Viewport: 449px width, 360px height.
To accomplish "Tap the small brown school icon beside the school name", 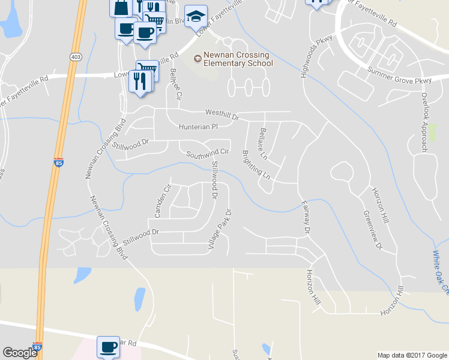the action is pyautogui.click(x=197, y=58).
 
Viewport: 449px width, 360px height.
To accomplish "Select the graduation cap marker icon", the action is pyautogui.click(x=196, y=17).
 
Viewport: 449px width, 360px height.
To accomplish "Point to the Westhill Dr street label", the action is pyautogui.click(x=222, y=112).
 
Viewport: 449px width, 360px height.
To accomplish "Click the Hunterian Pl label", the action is pyautogui.click(x=197, y=127).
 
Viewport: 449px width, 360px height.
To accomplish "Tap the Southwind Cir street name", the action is pyautogui.click(x=208, y=153).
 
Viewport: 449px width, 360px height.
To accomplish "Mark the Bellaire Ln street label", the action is pyautogui.click(x=264, y=143).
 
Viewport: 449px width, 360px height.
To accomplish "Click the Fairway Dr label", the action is pyautogui.click(x=305, y=217).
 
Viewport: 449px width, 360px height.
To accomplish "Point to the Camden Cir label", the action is pyautogui.click(x=159, y=201).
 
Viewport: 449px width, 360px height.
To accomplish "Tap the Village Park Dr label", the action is pyautogui.click(x=219, y=229).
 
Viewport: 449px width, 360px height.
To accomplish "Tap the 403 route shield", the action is pyautogui.click(x=76, y=56).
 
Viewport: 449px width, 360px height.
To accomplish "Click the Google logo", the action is pyautogui.click(x=20, y=352).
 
